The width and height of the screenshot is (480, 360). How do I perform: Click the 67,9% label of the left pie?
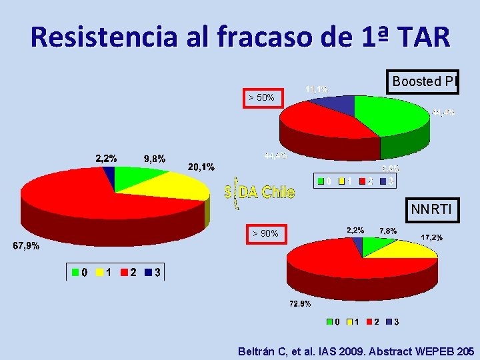pyautogui.click(x=27, y=246)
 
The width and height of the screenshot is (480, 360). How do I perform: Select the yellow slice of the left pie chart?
pyautogui.click(x=180, y=185)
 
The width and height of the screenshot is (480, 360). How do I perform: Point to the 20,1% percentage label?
pyautogui.click(x=201, y=167)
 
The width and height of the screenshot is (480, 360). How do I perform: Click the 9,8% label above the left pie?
pyautogui.click(x=155, y=159)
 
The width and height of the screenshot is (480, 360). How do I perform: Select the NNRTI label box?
pyautogui.click(x=431, y=211)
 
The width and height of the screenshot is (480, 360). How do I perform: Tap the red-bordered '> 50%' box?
pyautogui.click(x=261, y=98)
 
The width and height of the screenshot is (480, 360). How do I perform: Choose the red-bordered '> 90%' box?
pyautogui.click(x=266, y=234)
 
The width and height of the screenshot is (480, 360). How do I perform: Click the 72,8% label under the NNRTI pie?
pyautogui.click(x=299, y=304)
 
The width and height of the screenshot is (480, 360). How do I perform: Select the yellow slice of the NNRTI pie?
pyautogui.click(x=407, y=250)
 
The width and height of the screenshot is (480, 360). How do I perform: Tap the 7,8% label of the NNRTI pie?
pyautogui.click(x=388, y=231)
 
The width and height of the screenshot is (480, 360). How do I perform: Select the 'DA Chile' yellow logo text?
pyautogui.click(x=267, y=193)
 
